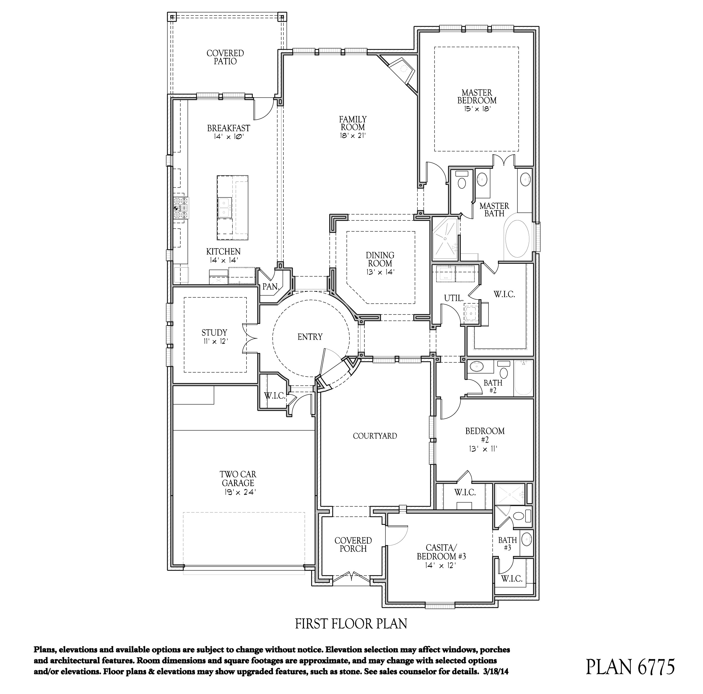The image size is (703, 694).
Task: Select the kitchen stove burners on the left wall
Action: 181,208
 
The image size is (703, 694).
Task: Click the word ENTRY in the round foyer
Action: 310,337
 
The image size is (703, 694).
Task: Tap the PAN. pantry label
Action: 270,287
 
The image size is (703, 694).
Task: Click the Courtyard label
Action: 375,436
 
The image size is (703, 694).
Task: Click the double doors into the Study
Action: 250,338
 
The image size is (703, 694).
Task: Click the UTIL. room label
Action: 454,298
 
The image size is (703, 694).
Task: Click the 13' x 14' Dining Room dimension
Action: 380,272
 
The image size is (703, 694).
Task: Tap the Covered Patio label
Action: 225,57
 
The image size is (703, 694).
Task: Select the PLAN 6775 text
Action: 630,666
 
